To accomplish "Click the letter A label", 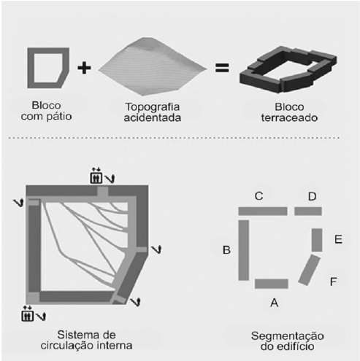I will (x=274, y=300).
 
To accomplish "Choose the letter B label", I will (x=226, y=250).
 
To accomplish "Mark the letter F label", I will (x=334, y=280).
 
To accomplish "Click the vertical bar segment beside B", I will (x=244, y=250).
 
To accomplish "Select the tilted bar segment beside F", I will (x=310, y=271).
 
